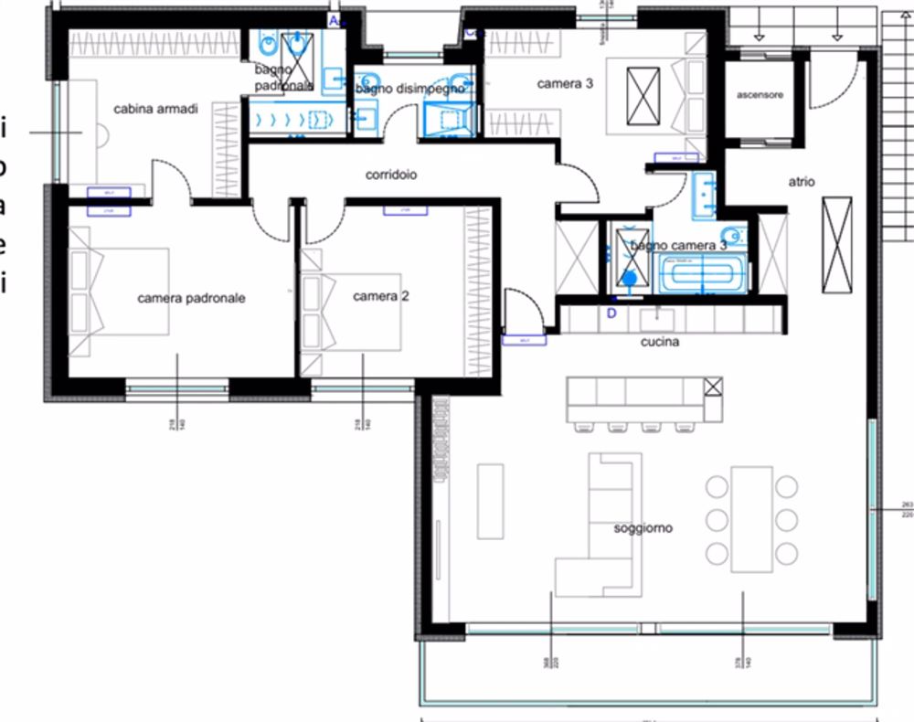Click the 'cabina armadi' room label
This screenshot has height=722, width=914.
point(155,109)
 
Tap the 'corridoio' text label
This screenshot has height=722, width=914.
point(391,175)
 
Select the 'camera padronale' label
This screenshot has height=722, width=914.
point(191,298)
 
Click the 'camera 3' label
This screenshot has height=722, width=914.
point(565,84)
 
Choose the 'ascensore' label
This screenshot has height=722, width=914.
point(760,94)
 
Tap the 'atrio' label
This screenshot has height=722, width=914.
point(802,182)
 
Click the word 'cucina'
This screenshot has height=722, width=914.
point(660,342)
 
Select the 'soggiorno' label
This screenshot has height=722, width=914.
point(643,528)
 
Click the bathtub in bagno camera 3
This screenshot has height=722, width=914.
point(702,272)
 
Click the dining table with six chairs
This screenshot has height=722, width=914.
point(752,519)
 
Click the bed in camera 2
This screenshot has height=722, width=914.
point(352,311)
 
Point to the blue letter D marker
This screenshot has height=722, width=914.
point(611,313)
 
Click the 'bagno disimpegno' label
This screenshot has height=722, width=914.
point(410,90)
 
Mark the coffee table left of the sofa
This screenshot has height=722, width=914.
point(490,501)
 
